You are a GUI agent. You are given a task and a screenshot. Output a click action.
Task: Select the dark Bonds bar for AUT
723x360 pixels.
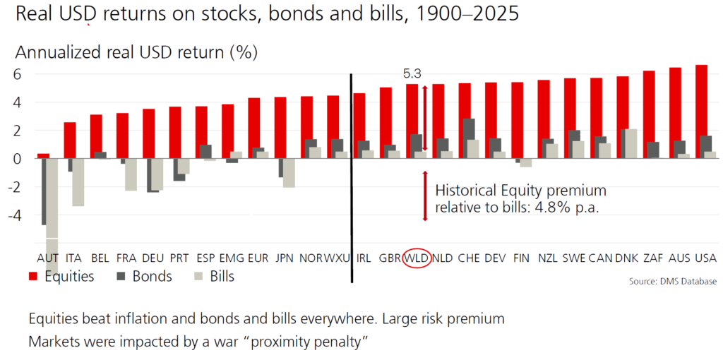pos(44,191)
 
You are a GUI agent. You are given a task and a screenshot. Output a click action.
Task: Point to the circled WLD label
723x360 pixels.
pos(417,258)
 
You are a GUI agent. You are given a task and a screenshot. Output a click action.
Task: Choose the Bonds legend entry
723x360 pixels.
pos(145,276)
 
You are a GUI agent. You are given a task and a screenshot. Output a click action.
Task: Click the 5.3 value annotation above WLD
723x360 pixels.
pos(412,73)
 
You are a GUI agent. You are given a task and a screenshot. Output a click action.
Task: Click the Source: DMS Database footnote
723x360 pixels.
pos(672,281)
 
